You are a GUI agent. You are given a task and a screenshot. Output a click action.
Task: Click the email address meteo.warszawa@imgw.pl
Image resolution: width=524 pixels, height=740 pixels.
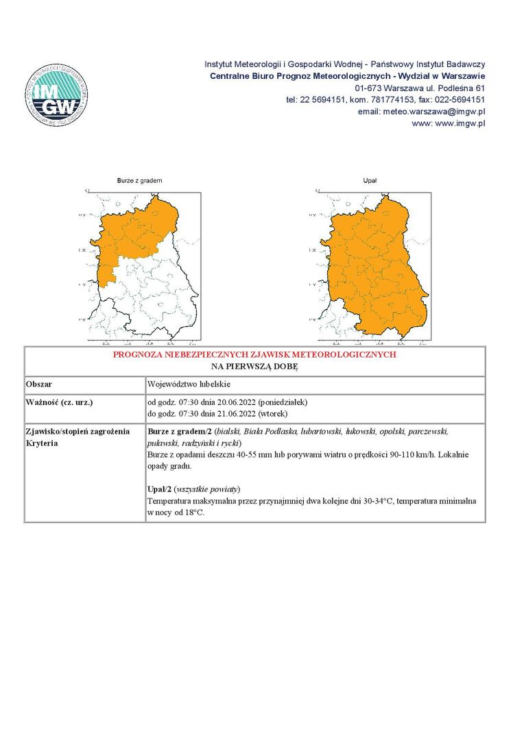point(434,111)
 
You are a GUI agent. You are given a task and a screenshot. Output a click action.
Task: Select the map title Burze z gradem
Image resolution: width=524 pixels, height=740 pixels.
point(139,180)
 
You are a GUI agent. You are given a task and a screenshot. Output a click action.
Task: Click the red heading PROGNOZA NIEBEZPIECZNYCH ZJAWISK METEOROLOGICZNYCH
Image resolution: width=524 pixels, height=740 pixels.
point(254,355)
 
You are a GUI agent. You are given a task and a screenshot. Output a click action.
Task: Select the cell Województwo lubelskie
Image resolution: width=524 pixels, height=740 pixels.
point(189,384)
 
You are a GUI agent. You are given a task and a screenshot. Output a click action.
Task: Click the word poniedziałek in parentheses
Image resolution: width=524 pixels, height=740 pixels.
point(282,402)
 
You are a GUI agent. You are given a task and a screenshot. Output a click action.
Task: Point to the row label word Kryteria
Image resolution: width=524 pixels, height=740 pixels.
point(42,443)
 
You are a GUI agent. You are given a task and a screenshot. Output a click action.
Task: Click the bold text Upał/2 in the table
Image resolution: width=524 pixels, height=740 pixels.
point(159,489)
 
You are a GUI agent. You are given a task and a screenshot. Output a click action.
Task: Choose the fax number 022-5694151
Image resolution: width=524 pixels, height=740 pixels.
point(457,99)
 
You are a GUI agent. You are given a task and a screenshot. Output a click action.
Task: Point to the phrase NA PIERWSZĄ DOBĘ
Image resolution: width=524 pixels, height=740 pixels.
point(254,367)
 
